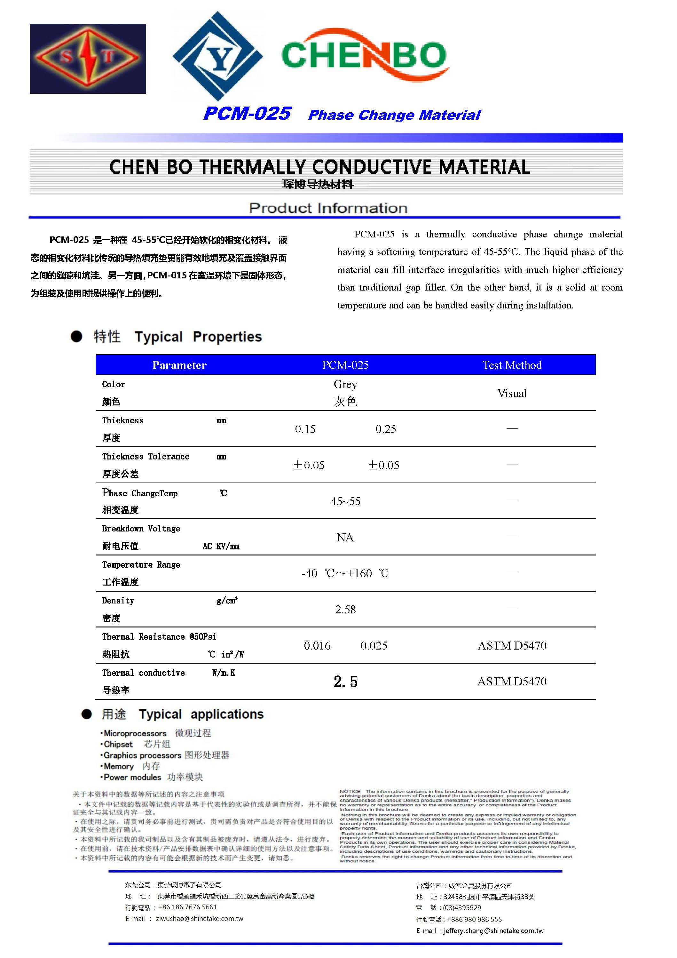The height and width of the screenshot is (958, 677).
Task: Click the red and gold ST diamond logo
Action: (88, 59)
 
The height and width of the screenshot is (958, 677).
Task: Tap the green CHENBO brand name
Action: (364, 55)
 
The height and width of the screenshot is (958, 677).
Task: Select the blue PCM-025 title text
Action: (247, 114)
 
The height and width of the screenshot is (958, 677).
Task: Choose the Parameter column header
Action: (179, 365)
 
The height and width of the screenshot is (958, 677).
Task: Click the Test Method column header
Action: (512, 365)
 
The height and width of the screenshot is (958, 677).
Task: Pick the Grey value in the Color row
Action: (345, 384)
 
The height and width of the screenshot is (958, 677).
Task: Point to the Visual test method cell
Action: (512, 393)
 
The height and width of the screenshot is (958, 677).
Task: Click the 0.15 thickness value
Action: (305, 429)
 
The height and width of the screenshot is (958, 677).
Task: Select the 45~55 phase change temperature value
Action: (345, 501)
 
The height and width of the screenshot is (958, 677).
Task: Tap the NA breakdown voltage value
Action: (345, 538)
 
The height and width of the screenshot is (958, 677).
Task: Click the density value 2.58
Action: (345, 610)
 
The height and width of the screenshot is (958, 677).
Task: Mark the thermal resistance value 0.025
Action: (374, 645)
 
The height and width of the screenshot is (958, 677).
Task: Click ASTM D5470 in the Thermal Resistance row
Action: (512, 645)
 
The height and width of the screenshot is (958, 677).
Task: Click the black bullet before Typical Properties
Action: (76, 336)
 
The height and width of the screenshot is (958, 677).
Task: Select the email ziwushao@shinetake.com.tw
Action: (199, 919)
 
